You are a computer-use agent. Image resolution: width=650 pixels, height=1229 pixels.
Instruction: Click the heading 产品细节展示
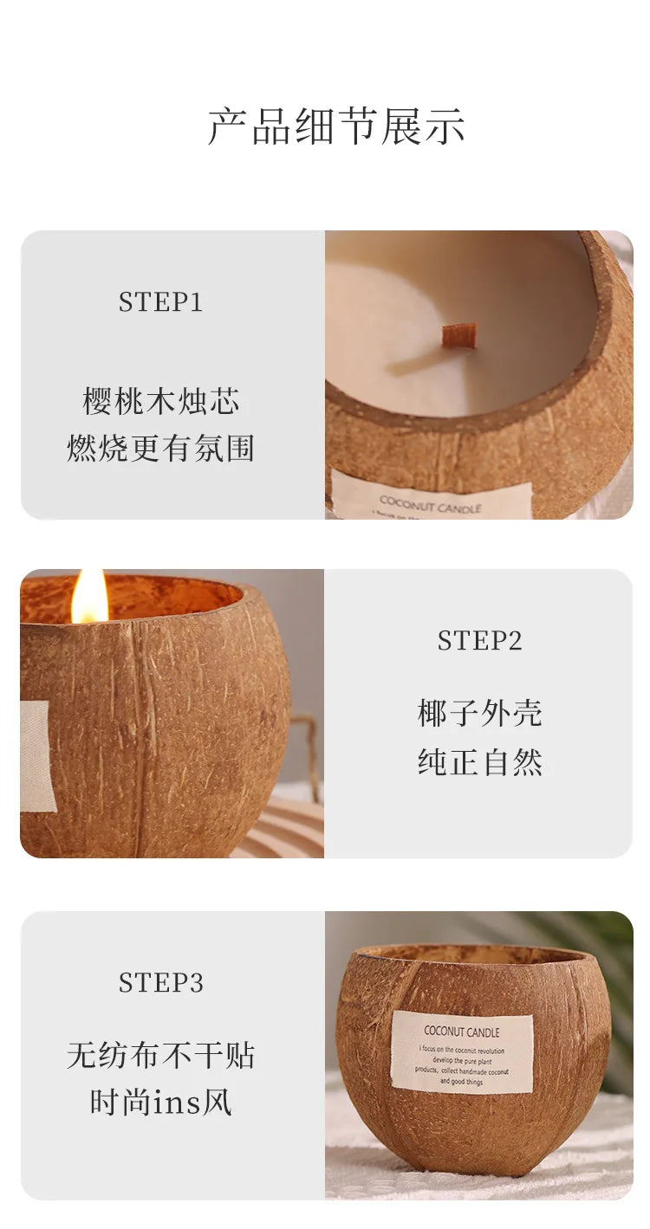pos(336,126)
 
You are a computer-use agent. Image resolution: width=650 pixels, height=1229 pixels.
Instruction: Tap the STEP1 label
pos(160,302)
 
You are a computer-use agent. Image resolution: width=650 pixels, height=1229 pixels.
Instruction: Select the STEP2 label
pos(479,641)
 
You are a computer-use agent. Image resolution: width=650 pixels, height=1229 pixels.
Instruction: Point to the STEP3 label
pos(160,983)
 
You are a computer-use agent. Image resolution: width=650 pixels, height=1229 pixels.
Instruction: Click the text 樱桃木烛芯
pos(160,402)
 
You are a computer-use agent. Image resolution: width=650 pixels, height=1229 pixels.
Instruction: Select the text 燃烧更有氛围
pos(160,449)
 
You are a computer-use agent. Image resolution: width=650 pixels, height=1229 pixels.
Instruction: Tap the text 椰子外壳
pos(479,714)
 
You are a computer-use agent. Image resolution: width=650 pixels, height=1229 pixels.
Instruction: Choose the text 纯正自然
pos(479,762)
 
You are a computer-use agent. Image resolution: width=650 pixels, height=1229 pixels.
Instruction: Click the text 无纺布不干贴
pos(160,1055)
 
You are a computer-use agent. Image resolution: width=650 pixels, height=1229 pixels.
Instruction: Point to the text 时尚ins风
pos(160,1103)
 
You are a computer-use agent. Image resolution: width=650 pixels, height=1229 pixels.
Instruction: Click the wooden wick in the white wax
pos(458,335)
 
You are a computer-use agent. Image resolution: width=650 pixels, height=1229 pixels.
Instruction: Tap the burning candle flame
pos(88,597)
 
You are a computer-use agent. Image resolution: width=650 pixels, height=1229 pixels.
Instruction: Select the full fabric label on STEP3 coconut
pos(461,1053)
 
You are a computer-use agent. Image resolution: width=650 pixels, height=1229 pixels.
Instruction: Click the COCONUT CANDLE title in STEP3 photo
pos(461,1032)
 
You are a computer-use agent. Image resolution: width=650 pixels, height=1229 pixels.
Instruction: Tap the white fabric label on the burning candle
pos(36,756)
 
